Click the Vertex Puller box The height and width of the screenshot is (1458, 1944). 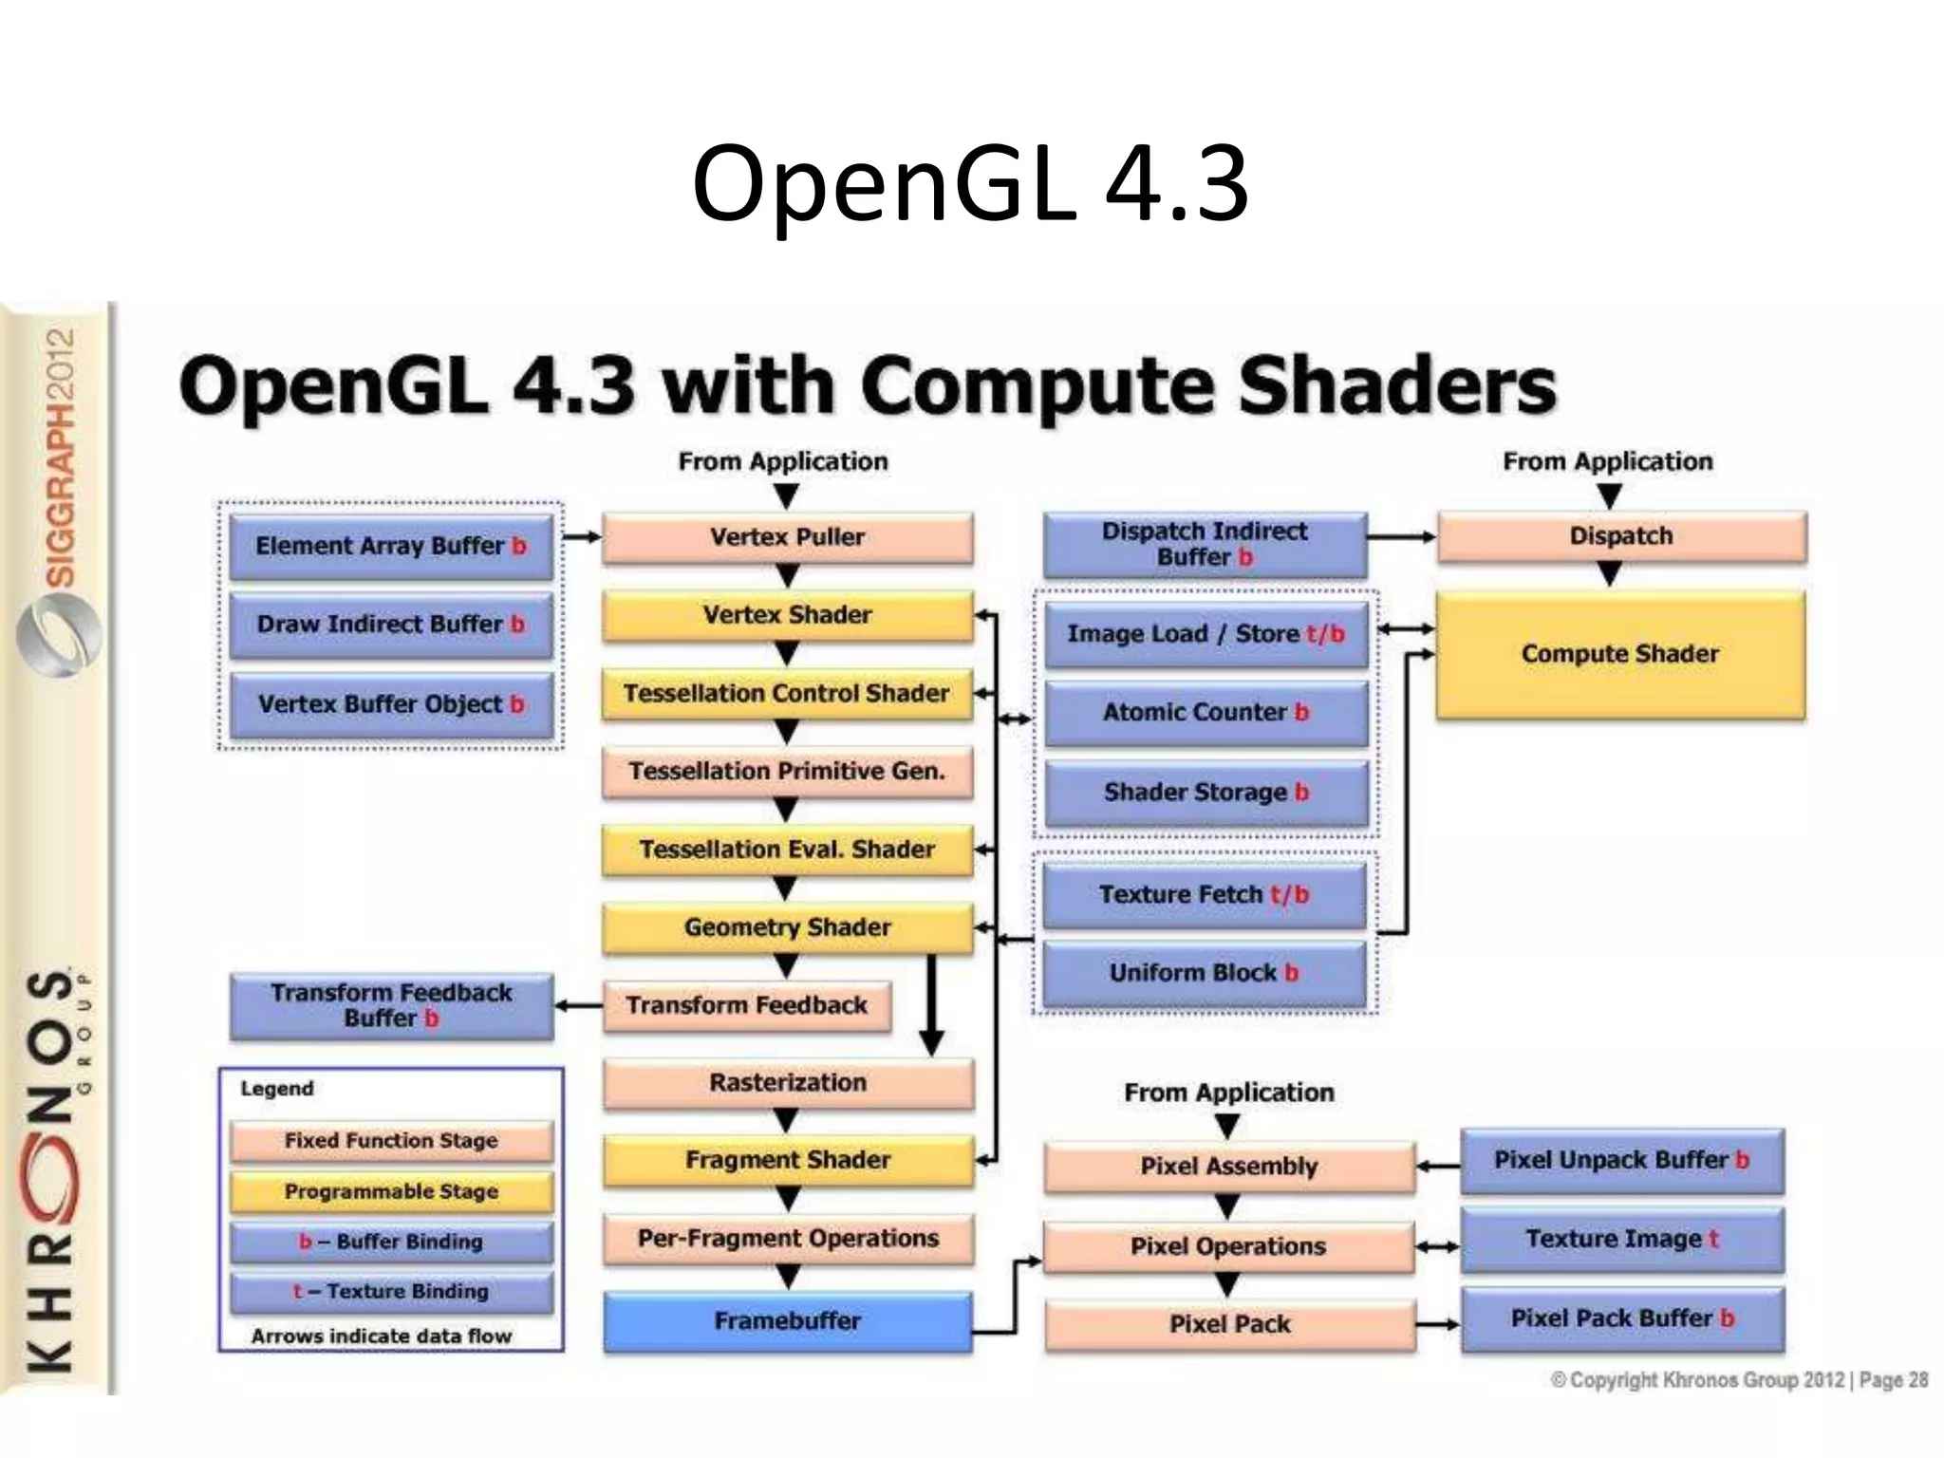point(787,537)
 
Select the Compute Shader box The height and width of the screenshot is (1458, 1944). point(1619,654)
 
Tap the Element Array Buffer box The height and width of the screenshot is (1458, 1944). point(391,546)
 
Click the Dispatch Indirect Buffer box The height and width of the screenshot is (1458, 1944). point(1204,544)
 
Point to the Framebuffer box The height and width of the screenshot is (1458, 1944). point(787,1320)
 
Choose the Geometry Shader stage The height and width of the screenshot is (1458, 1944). point(787,927)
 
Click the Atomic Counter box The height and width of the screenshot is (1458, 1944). point(1205,712)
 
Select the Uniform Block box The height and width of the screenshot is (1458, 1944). point(1203,973)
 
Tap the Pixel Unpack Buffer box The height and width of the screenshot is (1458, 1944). point(1621,1160)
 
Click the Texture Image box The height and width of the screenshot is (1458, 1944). point(1621,1239)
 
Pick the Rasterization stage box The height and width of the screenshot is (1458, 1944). point(787,1082)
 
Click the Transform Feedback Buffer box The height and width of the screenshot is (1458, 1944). point(391,1005)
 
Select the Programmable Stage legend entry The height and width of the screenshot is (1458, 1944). point(391,1191)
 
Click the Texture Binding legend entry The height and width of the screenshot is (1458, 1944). point(391,1292)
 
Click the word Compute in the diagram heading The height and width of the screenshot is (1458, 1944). point(1034,386)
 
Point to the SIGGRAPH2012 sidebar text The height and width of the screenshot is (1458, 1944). point(60,457)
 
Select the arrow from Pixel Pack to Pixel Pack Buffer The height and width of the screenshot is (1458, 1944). point(1437,1324)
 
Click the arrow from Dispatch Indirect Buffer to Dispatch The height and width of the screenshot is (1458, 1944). point(1401,537)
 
